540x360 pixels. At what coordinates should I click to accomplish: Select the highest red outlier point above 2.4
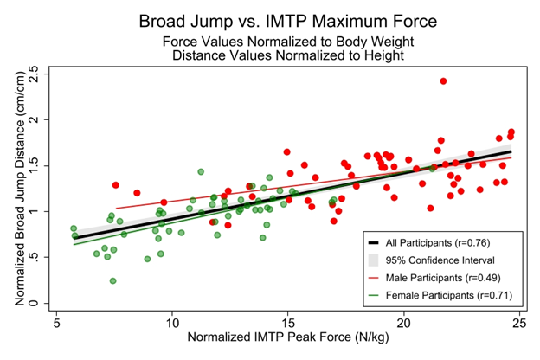click(x=443, y=81)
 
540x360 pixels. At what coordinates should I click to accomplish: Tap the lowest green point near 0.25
click(x=113, y=280)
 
